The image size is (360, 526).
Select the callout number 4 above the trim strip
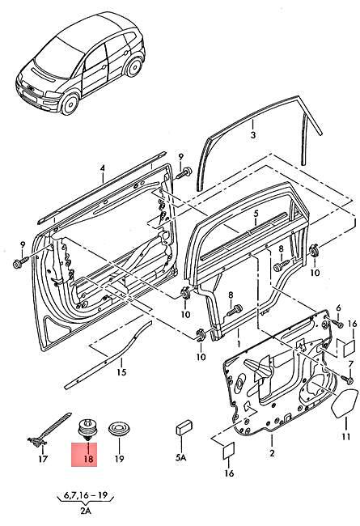[x=103, y=169]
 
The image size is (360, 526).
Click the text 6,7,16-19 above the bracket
[x=81, y=494]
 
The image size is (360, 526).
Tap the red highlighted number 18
[x=85, y=459]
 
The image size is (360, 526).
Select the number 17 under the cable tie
[x=44, y=459]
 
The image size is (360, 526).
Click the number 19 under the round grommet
[x=119, y=459]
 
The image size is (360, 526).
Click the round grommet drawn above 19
[x=118, y=426]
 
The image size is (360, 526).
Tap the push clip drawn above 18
[x=85, y=427]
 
